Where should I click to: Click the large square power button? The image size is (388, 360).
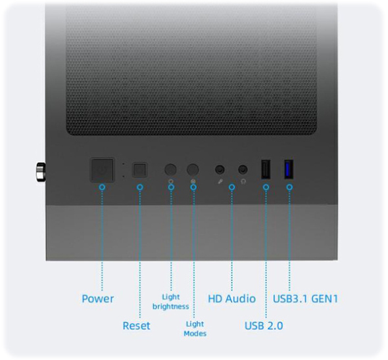102,170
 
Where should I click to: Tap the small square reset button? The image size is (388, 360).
139,170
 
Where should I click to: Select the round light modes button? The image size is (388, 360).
193,169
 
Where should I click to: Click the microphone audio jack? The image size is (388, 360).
220,169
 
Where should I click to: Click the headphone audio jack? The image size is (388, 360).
243,169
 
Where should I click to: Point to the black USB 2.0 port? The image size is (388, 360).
266,169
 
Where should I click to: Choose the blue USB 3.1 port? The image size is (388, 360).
289,169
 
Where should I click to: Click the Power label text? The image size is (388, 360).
98,299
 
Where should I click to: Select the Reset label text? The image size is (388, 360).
136,326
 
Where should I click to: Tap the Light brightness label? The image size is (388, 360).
171,302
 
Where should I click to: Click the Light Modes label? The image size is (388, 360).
195,329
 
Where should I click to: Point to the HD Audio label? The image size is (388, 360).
232,299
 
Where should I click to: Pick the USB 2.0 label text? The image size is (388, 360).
264,326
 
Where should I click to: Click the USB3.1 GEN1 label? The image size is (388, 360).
305,299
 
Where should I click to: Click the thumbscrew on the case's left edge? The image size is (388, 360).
41,172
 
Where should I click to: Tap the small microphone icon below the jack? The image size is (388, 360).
220,181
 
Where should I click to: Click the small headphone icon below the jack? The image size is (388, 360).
243,182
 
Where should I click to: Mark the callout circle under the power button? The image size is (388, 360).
102,187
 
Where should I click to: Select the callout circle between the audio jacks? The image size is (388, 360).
232,187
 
